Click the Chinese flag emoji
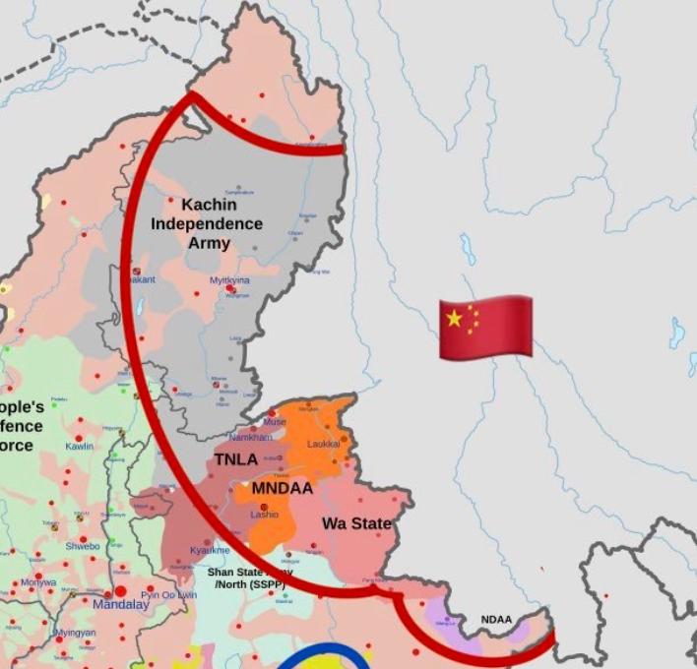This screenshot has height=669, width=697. coord(485,326)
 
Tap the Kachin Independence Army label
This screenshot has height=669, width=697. coord(207,223)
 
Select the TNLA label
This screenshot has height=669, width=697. coord(236,458)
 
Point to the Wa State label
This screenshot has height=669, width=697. coord(356,523)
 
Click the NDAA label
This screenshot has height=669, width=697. coord(496,619)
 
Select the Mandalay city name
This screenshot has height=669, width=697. coord(121,604)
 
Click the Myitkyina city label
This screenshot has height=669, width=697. coord(229,280)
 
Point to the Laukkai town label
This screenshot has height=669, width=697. coord(323,444)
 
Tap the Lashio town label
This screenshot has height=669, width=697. coord(264,515)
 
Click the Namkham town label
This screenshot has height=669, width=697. coord(250,437)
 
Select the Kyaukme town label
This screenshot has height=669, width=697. coord(210,550)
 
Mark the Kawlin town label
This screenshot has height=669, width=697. coord(79,446)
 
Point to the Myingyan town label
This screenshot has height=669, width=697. coord(75,633)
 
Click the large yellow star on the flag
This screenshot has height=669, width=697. coord(454,318)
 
